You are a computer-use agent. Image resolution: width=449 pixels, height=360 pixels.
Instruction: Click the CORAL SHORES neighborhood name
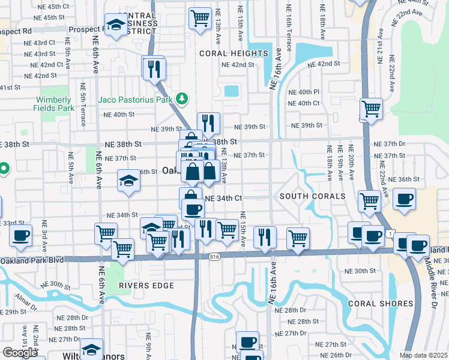pos(380,304)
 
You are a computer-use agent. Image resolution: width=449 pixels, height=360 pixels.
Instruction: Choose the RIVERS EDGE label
pos(146,286)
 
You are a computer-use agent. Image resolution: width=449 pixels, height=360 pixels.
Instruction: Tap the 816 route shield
pos(215,256)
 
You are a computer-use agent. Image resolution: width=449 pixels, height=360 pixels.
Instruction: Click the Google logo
pos(20,353)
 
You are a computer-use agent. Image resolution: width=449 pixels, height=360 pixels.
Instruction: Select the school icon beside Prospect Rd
pos(115,25)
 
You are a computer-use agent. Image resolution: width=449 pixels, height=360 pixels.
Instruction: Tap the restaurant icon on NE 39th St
pos(208,123)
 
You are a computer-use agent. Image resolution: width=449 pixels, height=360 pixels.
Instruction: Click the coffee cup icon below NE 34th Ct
pos(193,210)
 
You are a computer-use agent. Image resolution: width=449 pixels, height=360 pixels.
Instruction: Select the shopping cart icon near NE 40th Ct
pos(371,109)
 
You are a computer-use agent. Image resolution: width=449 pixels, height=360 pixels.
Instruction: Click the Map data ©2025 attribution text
pos(424,355)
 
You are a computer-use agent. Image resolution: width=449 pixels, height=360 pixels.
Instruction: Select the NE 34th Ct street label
pos(223,198)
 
